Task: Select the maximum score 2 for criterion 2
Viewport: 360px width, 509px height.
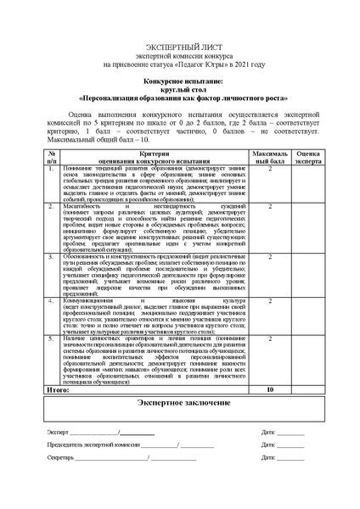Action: (x=269, y=206)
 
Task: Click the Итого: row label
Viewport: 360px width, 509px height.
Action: (x=59, y=389)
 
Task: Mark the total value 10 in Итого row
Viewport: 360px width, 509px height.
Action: (x=269, y=389)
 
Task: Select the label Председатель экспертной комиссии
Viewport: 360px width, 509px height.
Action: (x=93, y=445)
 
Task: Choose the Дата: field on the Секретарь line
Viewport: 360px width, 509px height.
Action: (x=271, y=457)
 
